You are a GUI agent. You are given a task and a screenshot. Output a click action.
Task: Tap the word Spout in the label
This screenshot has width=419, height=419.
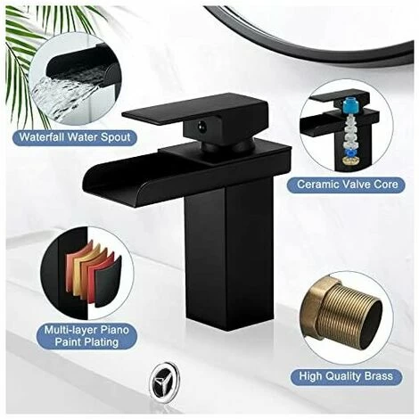[115, 138]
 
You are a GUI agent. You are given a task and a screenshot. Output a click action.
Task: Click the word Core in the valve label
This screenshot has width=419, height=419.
[386, 185]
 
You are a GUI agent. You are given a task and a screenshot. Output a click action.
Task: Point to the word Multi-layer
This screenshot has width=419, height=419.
[69, 330]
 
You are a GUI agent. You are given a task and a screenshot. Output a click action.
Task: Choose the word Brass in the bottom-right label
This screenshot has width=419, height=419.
[379, 376]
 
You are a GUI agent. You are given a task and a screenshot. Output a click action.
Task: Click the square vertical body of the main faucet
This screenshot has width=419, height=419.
[229, 251]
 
